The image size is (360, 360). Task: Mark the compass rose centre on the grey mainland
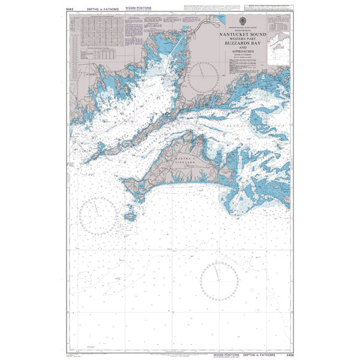click(203, 77)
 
